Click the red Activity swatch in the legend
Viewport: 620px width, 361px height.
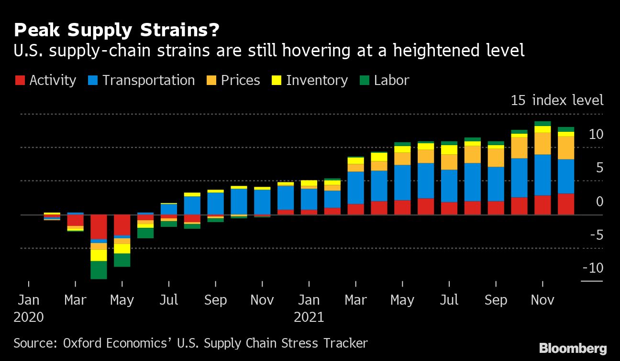coord(21,80)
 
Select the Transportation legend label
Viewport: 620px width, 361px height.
coord(148,80)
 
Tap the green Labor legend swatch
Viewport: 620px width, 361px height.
coord(365,80)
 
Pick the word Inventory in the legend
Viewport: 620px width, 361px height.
coord(317,80)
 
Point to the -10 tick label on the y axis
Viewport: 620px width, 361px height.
coord(593,268)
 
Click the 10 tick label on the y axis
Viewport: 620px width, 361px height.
coord(596,134)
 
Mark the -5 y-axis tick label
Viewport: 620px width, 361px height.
coord(595,235)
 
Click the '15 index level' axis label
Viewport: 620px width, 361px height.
coord(557,100)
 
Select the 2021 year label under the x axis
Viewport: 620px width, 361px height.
coord(309,317)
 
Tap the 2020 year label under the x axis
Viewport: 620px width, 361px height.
coord(29,317)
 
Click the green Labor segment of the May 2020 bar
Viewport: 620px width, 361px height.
coord(122,260)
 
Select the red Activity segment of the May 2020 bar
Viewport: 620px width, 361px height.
coord(122,225)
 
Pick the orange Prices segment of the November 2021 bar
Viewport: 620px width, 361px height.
coord(542,143)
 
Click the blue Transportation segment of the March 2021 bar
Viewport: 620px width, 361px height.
coord(356,188)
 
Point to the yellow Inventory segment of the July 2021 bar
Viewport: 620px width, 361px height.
coord(449,150)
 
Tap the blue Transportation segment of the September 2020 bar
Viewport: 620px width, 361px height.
coord(216,203)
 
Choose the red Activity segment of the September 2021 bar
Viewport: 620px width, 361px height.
coord(496,208)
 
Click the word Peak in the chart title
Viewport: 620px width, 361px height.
coord(38,31)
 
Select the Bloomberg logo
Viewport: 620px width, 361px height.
coord(573,349)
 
